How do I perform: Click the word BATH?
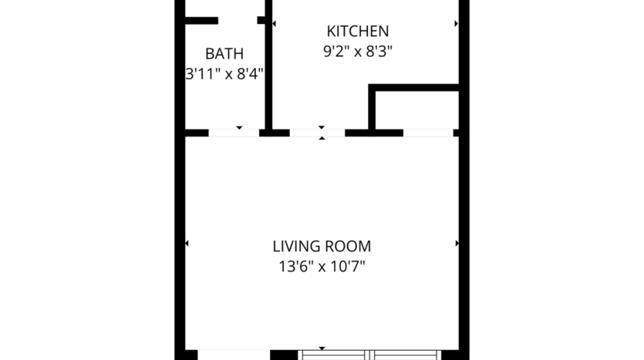[x=224, y=54]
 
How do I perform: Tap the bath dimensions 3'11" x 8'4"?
[x=224, y=75]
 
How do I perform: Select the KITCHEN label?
[x=358, y=32]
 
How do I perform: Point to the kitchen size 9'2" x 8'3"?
[x=358, y=52]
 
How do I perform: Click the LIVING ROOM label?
[x=322, y=247]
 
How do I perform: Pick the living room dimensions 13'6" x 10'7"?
[x=322, y=267]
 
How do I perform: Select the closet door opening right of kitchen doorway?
[x=428, y=133]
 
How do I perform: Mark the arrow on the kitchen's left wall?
[x=275, y=24]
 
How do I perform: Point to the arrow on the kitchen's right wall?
[x=456, y=24]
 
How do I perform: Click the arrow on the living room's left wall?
[x=187, y=244]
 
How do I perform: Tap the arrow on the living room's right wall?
[x=457, y=244]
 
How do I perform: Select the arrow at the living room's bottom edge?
[x=322, y=348]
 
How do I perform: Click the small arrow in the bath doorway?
[x=239, y=127]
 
